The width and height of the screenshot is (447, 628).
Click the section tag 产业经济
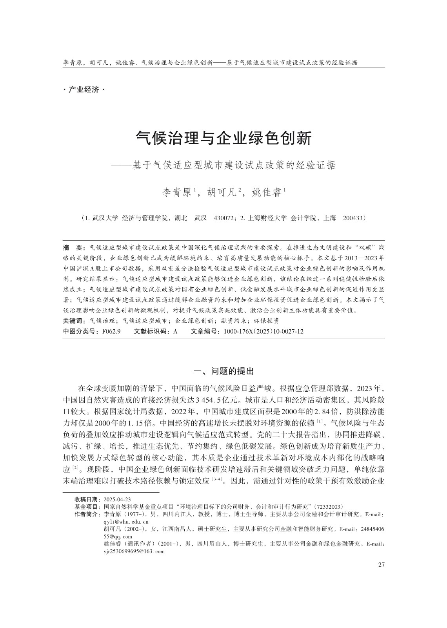pyautogui.click(x=84, y=90)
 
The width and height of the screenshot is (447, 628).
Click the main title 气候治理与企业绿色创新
pyautogui.click(x=223, y=139)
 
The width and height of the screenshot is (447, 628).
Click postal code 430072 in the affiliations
pyautogui.click(x=223, y=217)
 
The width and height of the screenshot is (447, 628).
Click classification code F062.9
pyautogui.click(x=111, y=331)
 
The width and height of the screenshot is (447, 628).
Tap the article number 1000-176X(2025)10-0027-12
pyautogui.click(x=263, y=331)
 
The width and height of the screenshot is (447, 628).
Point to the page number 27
pyautogui.click(x=381, y=565)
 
